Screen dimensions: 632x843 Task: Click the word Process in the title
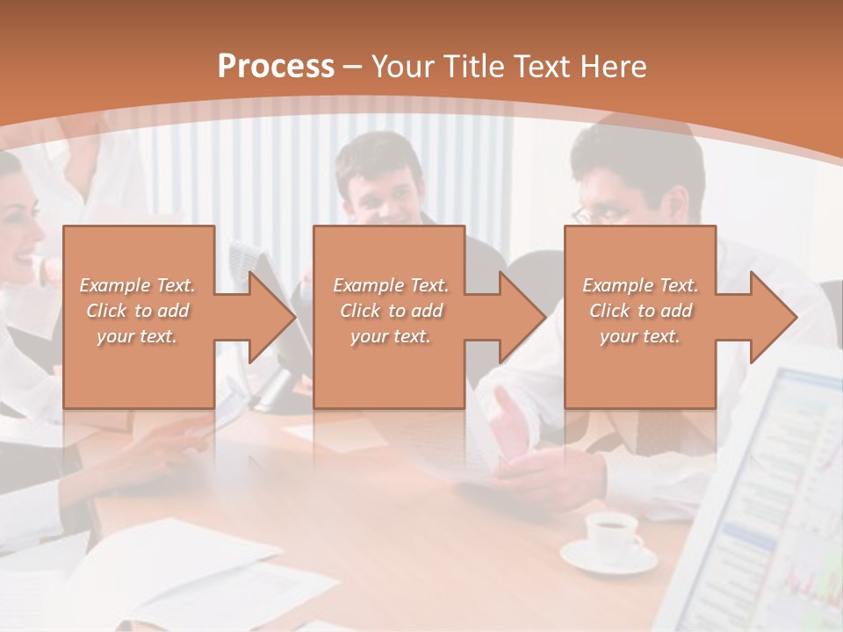[x=276, y=67]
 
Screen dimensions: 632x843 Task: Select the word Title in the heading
[x=472, y=67]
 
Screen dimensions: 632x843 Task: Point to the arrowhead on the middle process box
[x=524, y=318]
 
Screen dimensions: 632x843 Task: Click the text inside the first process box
[x=137, y=311]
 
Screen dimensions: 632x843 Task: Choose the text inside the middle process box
[x=391, y=311]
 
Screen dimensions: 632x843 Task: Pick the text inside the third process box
[x=640, y=311]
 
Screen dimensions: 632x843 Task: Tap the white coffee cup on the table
[x=611, y=532]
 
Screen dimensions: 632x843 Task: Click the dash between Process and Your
[x=353, y=67]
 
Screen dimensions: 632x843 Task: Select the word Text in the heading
[x=542, y=67]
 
